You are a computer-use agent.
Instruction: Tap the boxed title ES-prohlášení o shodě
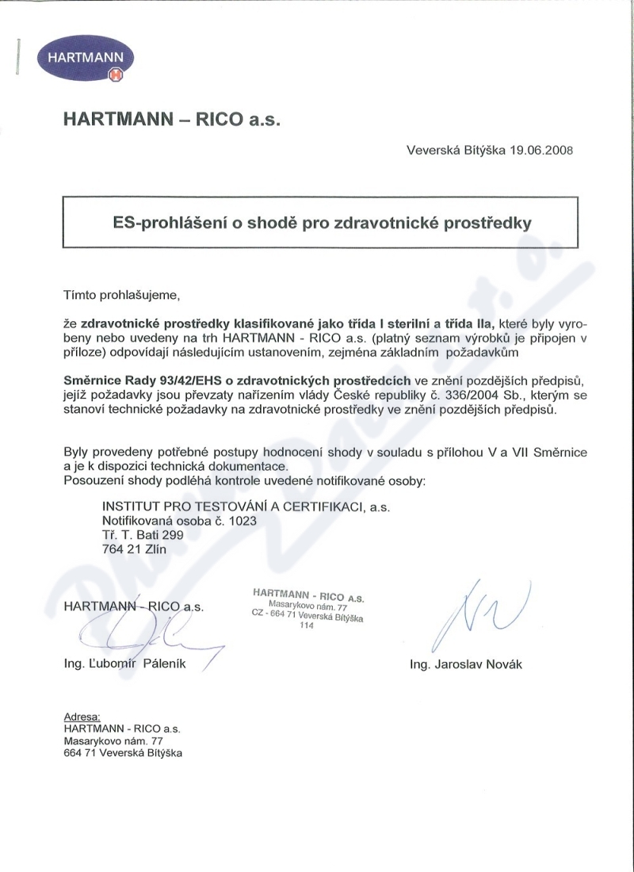click(x=321, y=223)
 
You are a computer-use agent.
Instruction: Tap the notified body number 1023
click(x=243, y=522)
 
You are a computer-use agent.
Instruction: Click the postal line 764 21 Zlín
click(x=135, y=549)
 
